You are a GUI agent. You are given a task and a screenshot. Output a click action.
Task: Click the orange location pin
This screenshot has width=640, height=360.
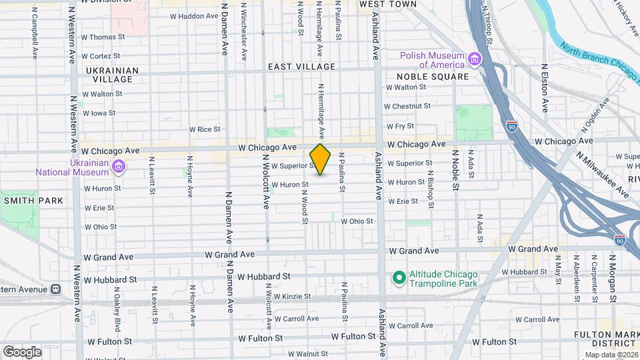coord(320,159)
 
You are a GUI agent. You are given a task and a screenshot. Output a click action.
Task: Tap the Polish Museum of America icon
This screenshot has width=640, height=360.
coord(475,60)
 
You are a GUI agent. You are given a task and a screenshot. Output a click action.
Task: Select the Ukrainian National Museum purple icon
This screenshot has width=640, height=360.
coord(119,166)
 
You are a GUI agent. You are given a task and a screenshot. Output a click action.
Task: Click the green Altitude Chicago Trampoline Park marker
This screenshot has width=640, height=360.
coord(399,277)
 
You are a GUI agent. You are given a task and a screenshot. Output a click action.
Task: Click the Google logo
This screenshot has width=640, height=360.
coord(21,351)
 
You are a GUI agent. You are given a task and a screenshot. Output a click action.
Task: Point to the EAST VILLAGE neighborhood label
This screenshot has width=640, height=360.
coord(301,67)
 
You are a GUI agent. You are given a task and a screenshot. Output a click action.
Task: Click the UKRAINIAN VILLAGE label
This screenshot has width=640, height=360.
coord(112,75)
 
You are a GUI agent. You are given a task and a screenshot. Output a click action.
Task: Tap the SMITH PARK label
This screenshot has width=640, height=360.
coord(33,200)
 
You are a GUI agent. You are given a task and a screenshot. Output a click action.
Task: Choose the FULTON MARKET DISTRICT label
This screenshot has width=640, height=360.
coord(605,339)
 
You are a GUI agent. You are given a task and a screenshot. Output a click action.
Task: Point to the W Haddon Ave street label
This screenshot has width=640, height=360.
coord(194,16)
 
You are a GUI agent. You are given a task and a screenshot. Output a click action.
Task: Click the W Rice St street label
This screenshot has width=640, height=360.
coord(204,129)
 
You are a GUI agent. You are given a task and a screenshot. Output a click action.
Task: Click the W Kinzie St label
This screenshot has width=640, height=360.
coord(289,296)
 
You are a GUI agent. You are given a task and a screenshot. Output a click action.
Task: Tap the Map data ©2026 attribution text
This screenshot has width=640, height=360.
coord(611,355)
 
